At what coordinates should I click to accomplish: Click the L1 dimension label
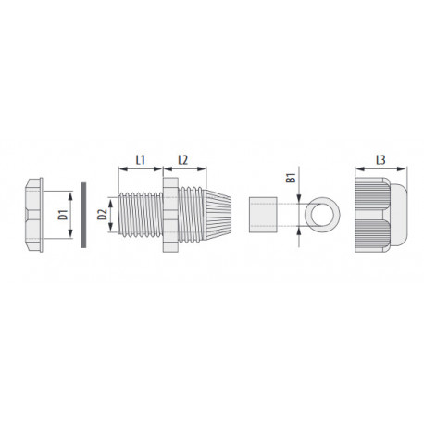click(x=141, y=160)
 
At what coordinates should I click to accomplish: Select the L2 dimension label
click(x=183, y=160)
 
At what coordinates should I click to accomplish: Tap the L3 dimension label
click(x=380, y=160)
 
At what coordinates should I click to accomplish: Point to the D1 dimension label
click(x=63, y=215)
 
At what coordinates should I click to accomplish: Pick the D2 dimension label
click(x=102, y=215)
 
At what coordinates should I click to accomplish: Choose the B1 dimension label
click(x=291, y=178)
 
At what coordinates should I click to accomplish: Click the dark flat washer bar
click(x=83, y=215)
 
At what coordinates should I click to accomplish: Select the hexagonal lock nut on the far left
click(x=34, y=215)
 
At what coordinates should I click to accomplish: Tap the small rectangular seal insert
click(x=263, y=215)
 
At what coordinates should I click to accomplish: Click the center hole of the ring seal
click(x=322, y=215)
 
